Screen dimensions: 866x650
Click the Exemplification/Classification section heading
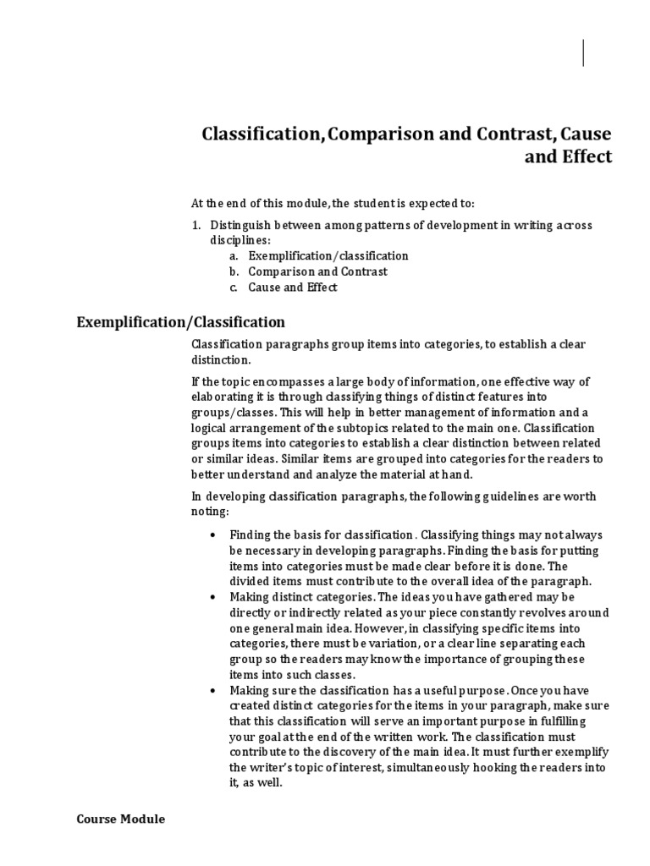[180, 322]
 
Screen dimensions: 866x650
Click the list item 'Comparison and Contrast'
[317, 271]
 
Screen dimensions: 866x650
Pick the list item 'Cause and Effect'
[292, 288]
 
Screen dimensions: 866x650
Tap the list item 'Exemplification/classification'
[328, 255]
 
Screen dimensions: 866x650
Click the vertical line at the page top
[583, 52]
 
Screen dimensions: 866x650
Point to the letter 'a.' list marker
[234, 255]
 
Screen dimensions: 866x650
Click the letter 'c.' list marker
[234, 288]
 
